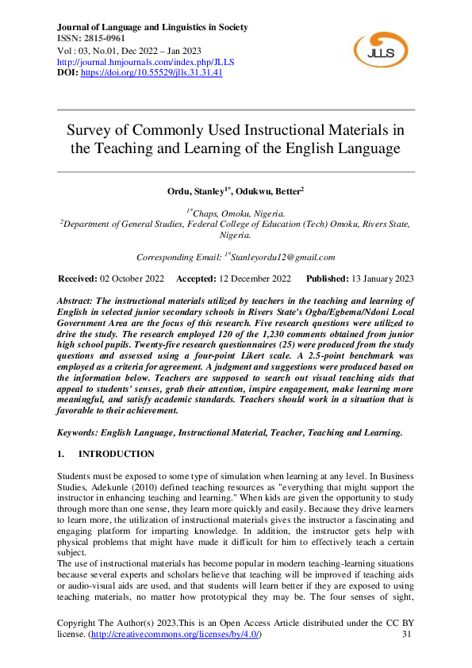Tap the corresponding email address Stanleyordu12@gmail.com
pos(283,257)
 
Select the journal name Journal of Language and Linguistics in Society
pos(153,27)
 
